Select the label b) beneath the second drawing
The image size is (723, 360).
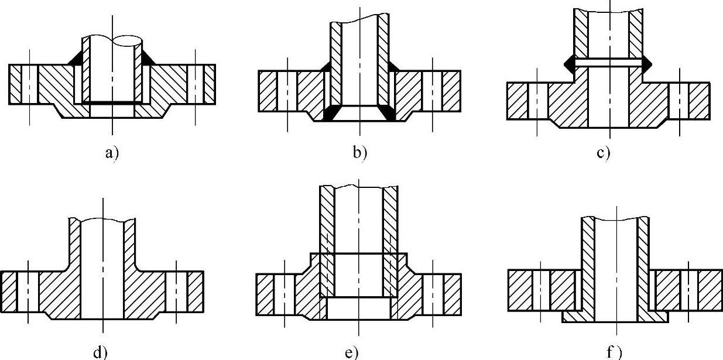(x=359, y=153)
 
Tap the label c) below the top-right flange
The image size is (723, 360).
(x=604, y=153)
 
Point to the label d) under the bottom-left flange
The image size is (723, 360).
(x=100, y=352)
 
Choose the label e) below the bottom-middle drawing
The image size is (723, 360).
(x=351, y=352)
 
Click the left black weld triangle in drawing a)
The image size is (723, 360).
(x=76, y=58)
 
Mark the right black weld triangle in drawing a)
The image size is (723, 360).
(x=146, y=58)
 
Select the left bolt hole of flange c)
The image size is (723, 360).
(x=538, y=101)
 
